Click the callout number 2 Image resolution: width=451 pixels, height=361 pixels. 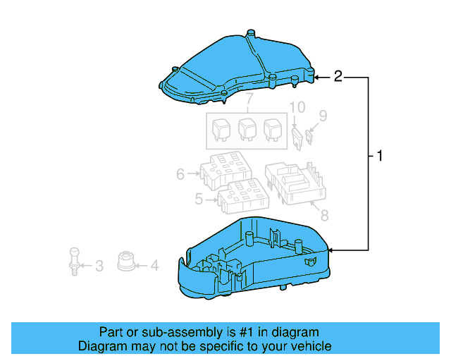pos(338,76)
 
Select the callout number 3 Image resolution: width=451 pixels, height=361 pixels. pos(99,266)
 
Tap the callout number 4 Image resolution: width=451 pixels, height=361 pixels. pos(154,266)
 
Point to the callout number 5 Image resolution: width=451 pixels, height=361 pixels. pos(199,200)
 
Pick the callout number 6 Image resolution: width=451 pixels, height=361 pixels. pos(180,173)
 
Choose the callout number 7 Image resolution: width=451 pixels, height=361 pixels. pos(248,106)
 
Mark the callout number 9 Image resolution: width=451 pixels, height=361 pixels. pos(323,115)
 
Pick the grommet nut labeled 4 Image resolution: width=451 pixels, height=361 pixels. pos(126,261)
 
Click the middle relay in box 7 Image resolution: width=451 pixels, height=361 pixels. pos(247,129)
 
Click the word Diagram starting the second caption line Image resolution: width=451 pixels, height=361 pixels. pos(101,346)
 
